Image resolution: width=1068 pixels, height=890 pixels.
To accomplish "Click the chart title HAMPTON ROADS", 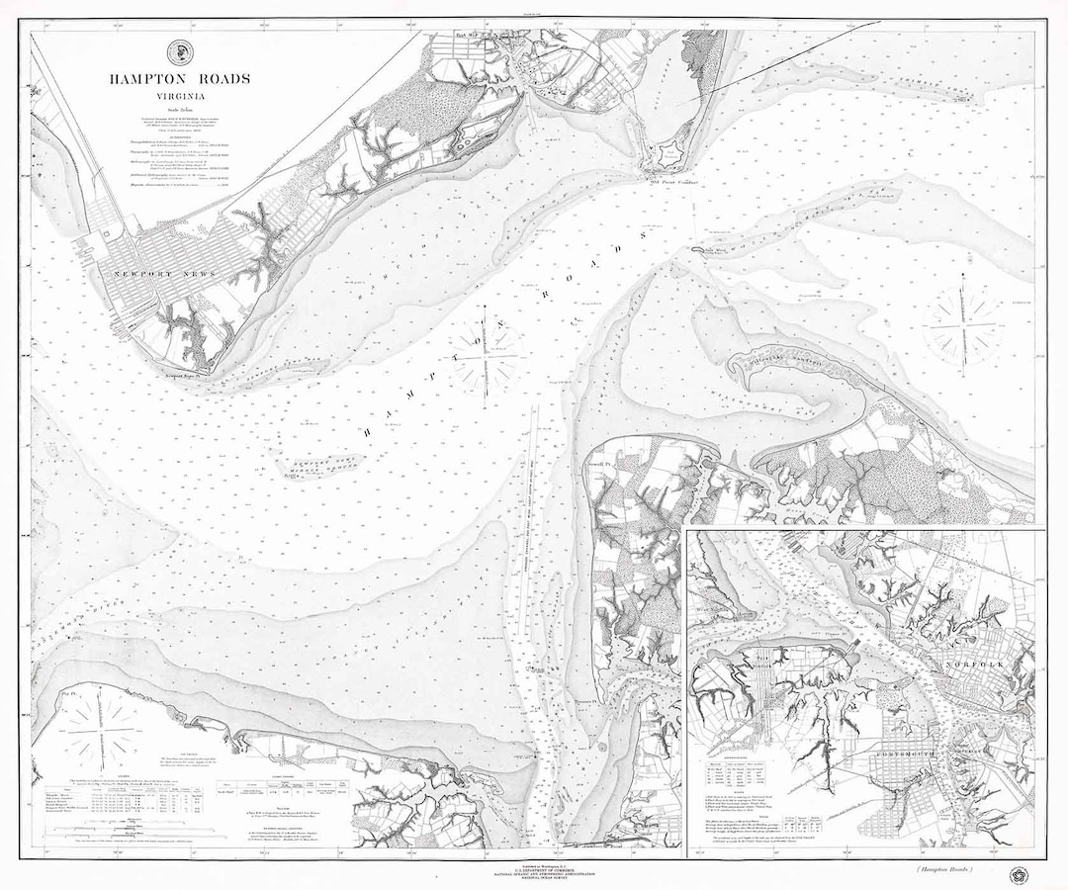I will click(x=180, y=78).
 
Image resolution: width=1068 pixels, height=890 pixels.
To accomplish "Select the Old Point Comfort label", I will click(x=674, y=183).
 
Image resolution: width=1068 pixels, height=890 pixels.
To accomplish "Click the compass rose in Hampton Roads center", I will click(x=487, y=354).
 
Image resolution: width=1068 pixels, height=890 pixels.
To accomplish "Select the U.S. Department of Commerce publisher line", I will click(x=534, y=867).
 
